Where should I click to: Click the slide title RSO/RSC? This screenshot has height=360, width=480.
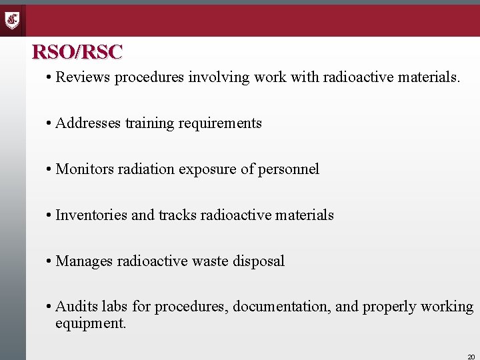[x=77, y=51]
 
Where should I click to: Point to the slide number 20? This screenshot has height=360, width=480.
[x=471, y=357]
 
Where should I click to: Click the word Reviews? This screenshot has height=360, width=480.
[x=83, y=77]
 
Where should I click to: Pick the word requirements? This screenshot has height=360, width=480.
[x=220, y=123]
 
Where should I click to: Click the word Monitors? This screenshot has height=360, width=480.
[x=85, y=169]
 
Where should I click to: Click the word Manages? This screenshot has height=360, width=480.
[x=84, y=261]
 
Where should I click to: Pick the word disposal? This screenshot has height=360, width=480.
[x=259, y=261]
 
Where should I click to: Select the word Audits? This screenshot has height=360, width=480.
[x=75, y=307]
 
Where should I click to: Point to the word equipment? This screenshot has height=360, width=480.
[x=91, y=323]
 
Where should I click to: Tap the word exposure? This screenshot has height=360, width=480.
[x=207, y=170]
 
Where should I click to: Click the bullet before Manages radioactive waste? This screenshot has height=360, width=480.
[x=49, y=261]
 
